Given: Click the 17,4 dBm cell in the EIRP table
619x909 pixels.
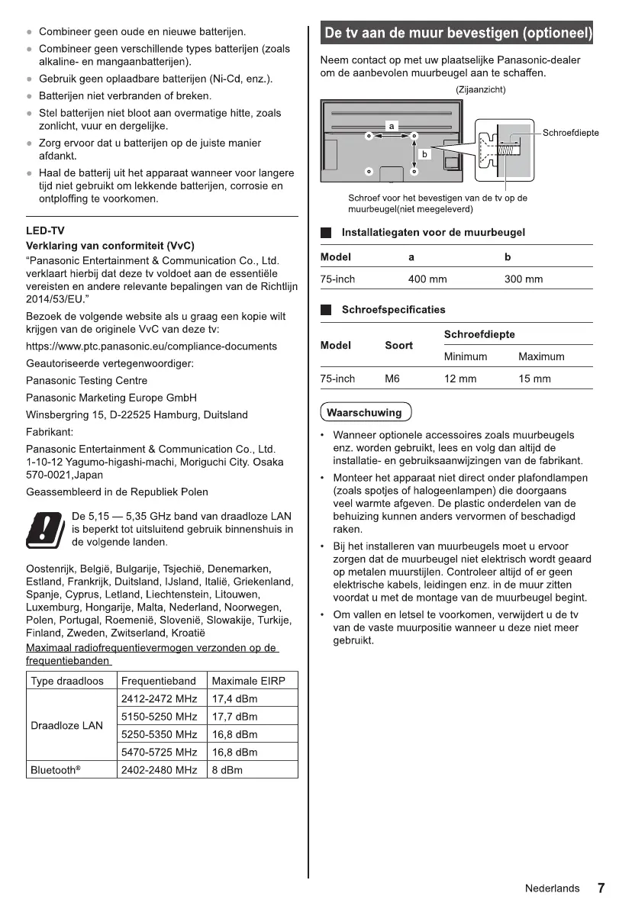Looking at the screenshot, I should coord(234,698).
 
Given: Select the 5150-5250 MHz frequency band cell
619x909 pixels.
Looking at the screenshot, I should coord(159,717).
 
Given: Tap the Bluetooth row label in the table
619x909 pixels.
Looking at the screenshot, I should coord(55,770).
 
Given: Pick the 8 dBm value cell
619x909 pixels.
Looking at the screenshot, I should coord(227,770).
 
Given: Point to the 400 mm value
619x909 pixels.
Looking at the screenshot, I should coord(427,279).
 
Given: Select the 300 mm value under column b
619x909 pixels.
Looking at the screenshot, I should coord(524,279).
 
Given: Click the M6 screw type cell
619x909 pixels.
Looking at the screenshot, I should coord(392,379).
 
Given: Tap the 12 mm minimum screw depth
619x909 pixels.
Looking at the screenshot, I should coord(459,379).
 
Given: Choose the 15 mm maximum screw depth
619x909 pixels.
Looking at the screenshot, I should coord(534,379).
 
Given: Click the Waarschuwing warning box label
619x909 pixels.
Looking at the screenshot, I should coord(365,413).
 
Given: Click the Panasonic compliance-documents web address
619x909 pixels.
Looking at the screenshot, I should coord(151,346).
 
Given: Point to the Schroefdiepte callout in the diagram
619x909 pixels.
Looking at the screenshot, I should coord(571,133).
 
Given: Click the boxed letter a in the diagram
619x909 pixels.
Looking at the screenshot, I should coord(391,124).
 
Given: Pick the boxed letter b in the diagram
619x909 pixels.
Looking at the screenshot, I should coord(424,153).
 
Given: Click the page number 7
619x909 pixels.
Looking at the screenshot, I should coord(601,888).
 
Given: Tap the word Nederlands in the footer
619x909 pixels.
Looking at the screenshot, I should coord(552,889).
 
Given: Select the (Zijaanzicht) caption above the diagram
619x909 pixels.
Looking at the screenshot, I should coord(481,89).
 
